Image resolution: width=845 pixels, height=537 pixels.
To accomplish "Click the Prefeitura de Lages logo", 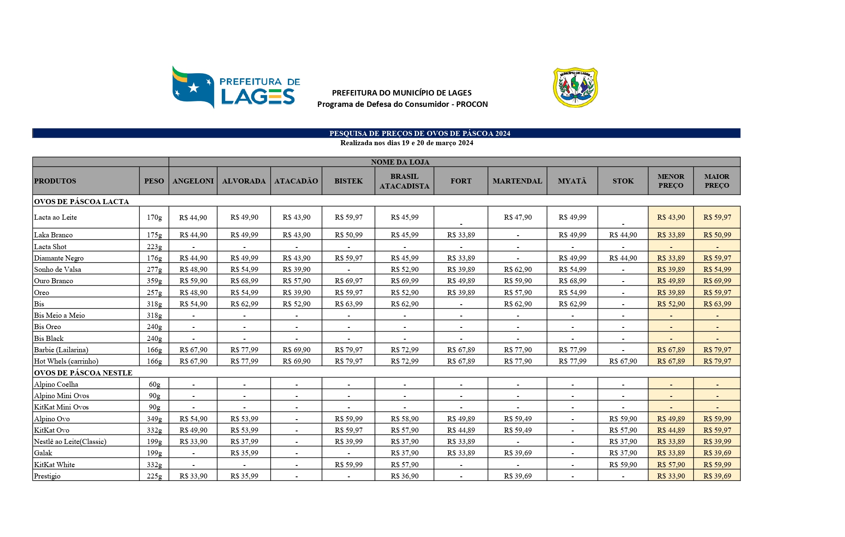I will pyautogui.click(x=236, y=87).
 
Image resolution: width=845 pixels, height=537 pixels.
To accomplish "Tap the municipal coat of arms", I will pyautogui.click(x=575, y=87).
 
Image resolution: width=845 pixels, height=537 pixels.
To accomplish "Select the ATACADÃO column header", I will pyautogui.click(x=296, y=181).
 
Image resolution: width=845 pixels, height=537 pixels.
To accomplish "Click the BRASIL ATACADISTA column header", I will pyautogui.click(x=404, y=181).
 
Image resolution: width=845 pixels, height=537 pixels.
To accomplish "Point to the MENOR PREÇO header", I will pyautogui.click(x=671, y=181).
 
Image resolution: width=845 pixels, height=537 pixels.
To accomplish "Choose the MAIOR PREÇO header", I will pyautogui.click(x=717, y=181).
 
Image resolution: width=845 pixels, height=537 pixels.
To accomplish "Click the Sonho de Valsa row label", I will pyautogui.click(x=58, y=269).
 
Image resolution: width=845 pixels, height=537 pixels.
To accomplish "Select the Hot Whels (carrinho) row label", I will pyautogui.click(x=66, y=361).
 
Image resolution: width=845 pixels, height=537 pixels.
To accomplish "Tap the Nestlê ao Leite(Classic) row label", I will pyautogui.click(x=70, y=441).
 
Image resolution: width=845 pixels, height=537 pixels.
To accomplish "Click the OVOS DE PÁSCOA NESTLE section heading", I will pyautogui.click(x=83, y=373).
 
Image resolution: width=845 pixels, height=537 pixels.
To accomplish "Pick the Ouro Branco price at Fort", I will pyautogui.click(x=461, y=281).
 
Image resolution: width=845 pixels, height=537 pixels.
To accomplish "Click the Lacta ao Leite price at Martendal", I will pyautogui.click(x=518, y=217).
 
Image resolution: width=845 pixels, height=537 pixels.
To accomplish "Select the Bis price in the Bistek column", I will pyautogui.click(x=348, y=304).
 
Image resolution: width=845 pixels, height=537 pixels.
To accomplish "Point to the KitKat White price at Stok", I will pyautogui.click(x=623, y=465).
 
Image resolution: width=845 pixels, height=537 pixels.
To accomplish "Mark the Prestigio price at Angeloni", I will pyautogui.click(x=193, y=476).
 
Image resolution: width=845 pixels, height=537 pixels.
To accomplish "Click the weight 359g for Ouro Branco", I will pyautogui.click(x=154, y=281).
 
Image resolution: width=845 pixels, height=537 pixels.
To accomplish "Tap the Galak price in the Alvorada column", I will pyautogui.click(x=244, y=453).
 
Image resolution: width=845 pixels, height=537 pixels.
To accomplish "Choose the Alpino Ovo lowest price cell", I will pyautogui.click(x=671, y=419).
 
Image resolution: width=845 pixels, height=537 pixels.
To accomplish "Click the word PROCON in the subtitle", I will pyautogui.click(x=472, y=104).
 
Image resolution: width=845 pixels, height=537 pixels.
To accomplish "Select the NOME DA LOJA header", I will pyautogui.click(x=400, y=162).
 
